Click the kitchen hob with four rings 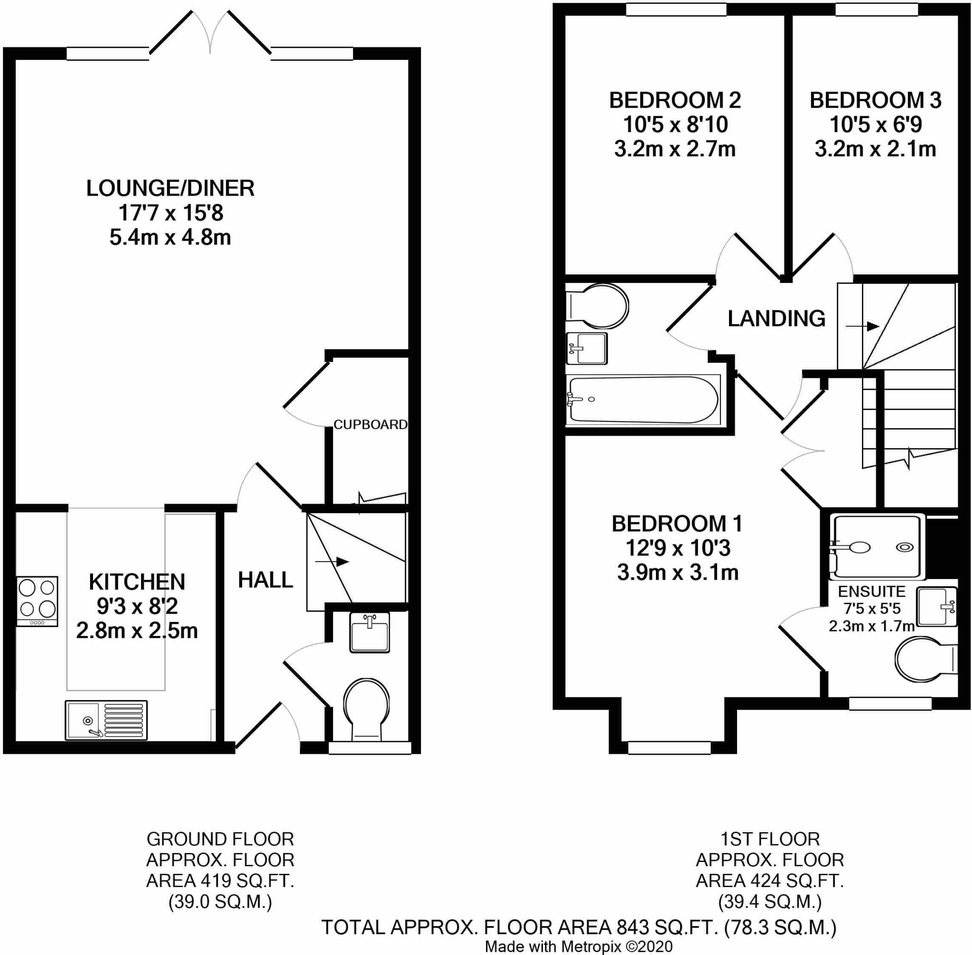pos(37,601)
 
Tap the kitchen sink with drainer pos(106,720)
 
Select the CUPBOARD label pos(370,424)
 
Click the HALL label pos(265,580)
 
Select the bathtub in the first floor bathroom pos(643,400)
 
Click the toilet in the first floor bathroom pos(597,307)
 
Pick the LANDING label pos(776,318)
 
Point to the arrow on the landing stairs pos(864,326)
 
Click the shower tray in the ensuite pos(876,546)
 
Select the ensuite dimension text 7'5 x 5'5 pos(872,609)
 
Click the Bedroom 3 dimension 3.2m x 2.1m pos(875,149)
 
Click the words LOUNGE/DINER pos(170,188)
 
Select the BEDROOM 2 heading pos(674,100)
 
